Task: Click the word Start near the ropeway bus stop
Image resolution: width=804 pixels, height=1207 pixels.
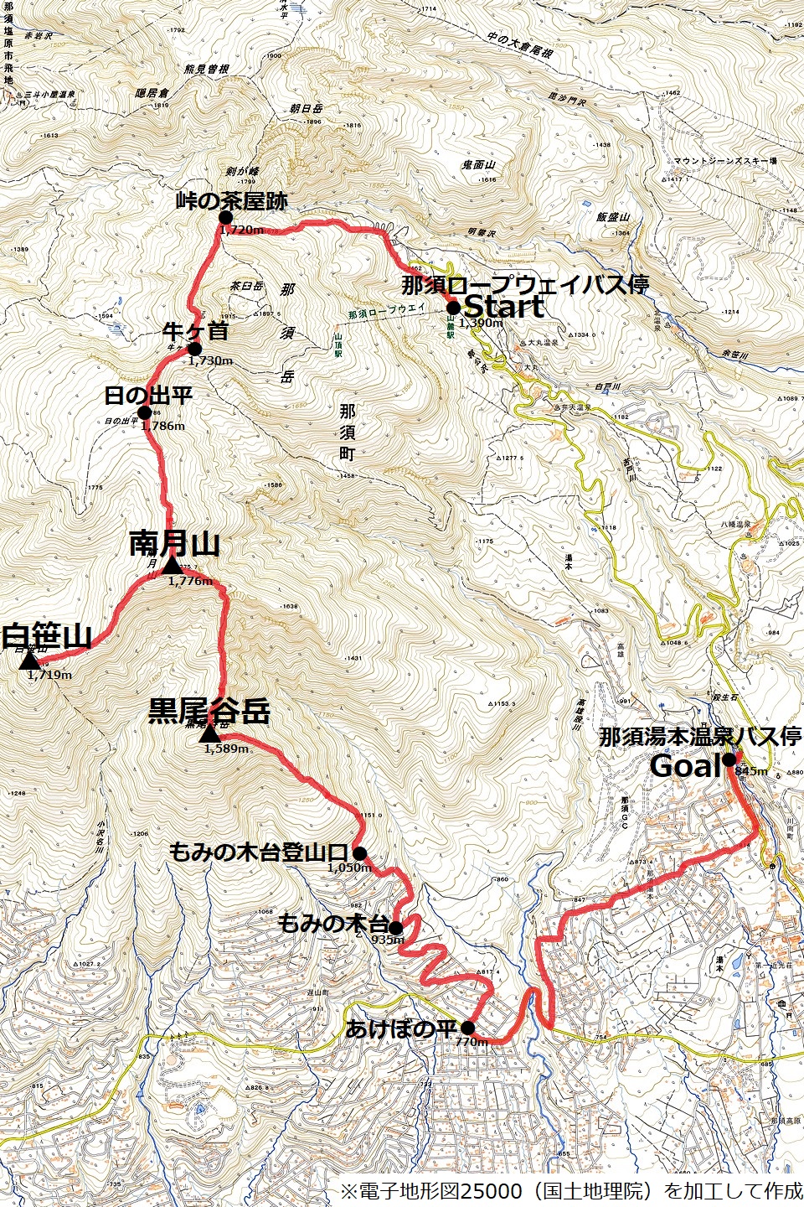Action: point(504,306)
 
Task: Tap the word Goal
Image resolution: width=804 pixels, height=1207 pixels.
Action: point(685,765)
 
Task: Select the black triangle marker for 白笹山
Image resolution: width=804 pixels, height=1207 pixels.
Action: point(29,660)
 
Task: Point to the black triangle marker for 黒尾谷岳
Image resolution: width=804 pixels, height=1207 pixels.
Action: point(210,734)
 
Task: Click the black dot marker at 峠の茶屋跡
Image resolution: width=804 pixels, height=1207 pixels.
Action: point(225,217)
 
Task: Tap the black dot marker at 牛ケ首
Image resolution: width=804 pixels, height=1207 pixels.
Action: point(194,349)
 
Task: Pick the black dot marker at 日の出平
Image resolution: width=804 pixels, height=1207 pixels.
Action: point(144,412)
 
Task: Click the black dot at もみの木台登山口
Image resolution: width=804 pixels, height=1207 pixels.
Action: point(359,853)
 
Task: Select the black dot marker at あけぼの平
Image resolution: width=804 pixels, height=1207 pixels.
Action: point(467,1028)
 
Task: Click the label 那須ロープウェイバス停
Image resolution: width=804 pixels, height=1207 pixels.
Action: point(525,284)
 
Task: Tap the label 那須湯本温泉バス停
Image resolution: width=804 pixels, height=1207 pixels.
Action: point(700,737)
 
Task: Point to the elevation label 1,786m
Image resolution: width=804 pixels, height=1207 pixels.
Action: point(162,426)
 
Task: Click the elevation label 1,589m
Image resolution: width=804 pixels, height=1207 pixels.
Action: point(226,749)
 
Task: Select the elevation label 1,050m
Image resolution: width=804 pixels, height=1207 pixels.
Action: point(349,868)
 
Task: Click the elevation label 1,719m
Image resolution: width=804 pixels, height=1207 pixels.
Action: point(49,675)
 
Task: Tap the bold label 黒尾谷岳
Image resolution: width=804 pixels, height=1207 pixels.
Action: point(209,712)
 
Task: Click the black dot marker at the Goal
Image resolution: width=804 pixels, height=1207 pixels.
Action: point(729,759)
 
